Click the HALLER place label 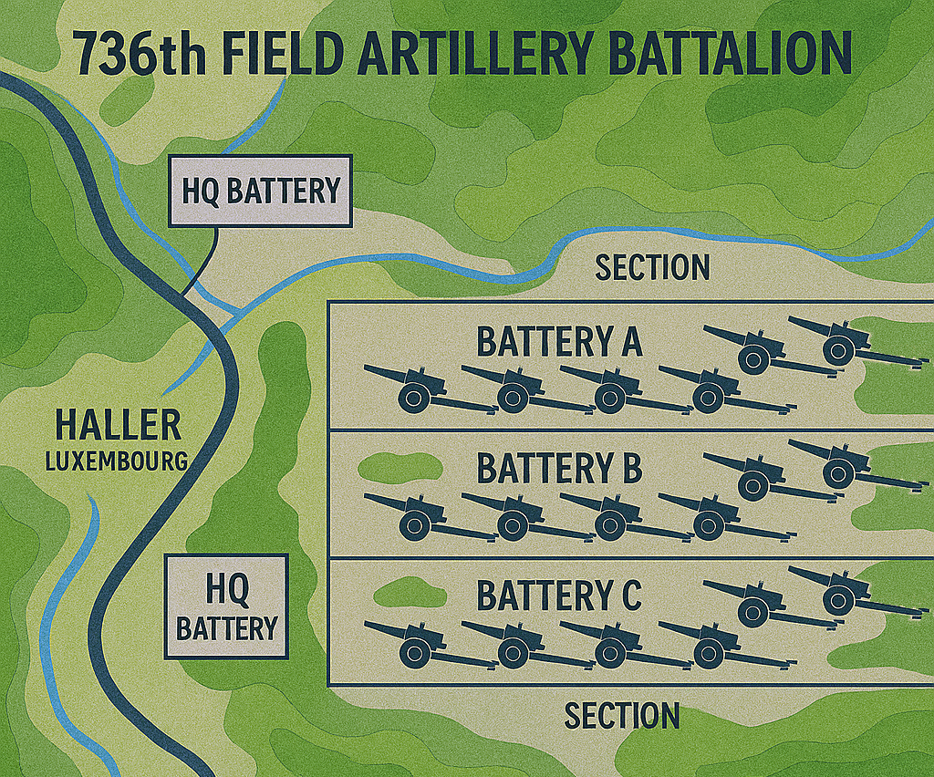118,425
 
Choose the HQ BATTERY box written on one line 260,192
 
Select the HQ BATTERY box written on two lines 226,607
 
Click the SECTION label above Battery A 651,267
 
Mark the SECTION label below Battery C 622,715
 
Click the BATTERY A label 559,342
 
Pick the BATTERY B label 559,469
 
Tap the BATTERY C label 559,596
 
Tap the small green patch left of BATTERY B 400,468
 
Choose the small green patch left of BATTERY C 410,596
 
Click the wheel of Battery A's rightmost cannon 838,349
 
